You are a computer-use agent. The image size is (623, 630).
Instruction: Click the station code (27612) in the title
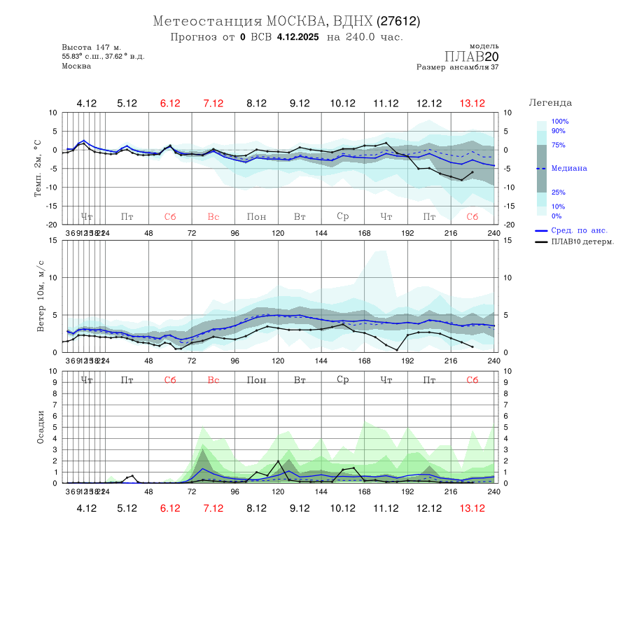398,21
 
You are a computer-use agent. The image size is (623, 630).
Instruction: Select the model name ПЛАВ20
472,57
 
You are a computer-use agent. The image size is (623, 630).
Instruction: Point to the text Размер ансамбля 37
458,68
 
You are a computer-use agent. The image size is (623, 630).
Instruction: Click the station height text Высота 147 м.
91,47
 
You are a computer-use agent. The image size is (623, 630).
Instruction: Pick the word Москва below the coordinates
76,66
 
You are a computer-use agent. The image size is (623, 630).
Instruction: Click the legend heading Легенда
550,102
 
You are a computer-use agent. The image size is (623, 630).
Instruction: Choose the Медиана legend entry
569,169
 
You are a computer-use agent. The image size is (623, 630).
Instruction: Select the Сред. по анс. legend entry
579,230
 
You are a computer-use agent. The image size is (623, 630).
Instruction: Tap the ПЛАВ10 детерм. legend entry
582,242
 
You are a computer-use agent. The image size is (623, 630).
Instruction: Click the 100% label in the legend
560,122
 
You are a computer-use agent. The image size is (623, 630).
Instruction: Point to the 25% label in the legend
558,192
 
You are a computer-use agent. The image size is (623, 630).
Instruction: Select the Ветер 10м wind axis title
40,296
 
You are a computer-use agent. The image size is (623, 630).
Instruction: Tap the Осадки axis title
40,427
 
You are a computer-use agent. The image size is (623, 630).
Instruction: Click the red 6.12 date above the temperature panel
170,104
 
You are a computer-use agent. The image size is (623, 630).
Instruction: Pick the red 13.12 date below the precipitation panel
472,508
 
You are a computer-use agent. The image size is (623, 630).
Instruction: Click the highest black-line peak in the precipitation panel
279,461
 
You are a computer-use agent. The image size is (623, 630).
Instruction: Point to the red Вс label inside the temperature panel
213,217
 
